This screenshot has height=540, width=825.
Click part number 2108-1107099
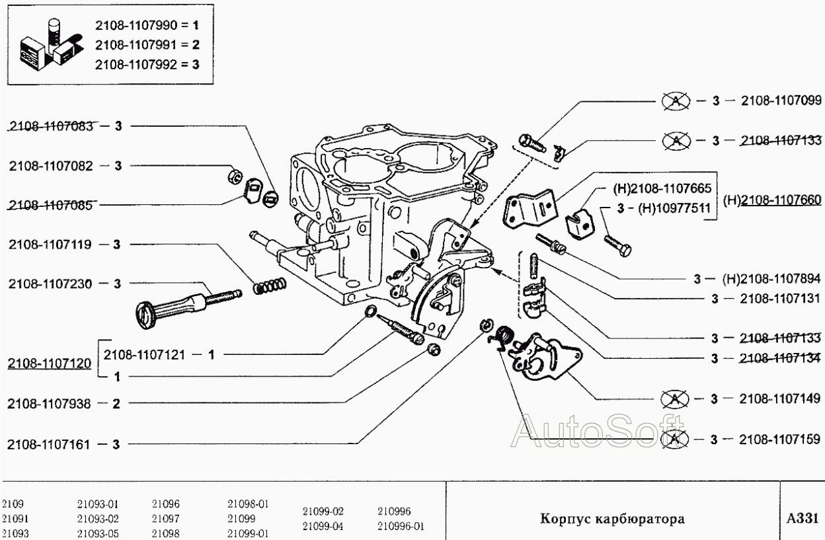[x=781, y=101]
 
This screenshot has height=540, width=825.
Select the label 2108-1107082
[x=50, y=166]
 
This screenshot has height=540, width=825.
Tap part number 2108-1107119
[x=50, y=245]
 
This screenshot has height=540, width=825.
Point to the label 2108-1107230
[x=50, y=284]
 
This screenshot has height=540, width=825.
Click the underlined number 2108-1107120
[x=49, y=364]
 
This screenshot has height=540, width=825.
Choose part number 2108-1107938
[x=50, y=403]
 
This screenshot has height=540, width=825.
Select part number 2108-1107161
[x=50, y=444]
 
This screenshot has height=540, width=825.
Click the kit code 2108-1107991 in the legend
[x=137, y=45]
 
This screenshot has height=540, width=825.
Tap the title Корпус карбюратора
[x=612, y=519]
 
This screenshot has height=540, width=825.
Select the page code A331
[x=803, y=518]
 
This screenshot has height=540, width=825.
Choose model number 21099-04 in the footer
[x=323, y=527]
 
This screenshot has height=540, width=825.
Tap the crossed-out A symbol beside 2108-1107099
[x=675, y=101]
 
